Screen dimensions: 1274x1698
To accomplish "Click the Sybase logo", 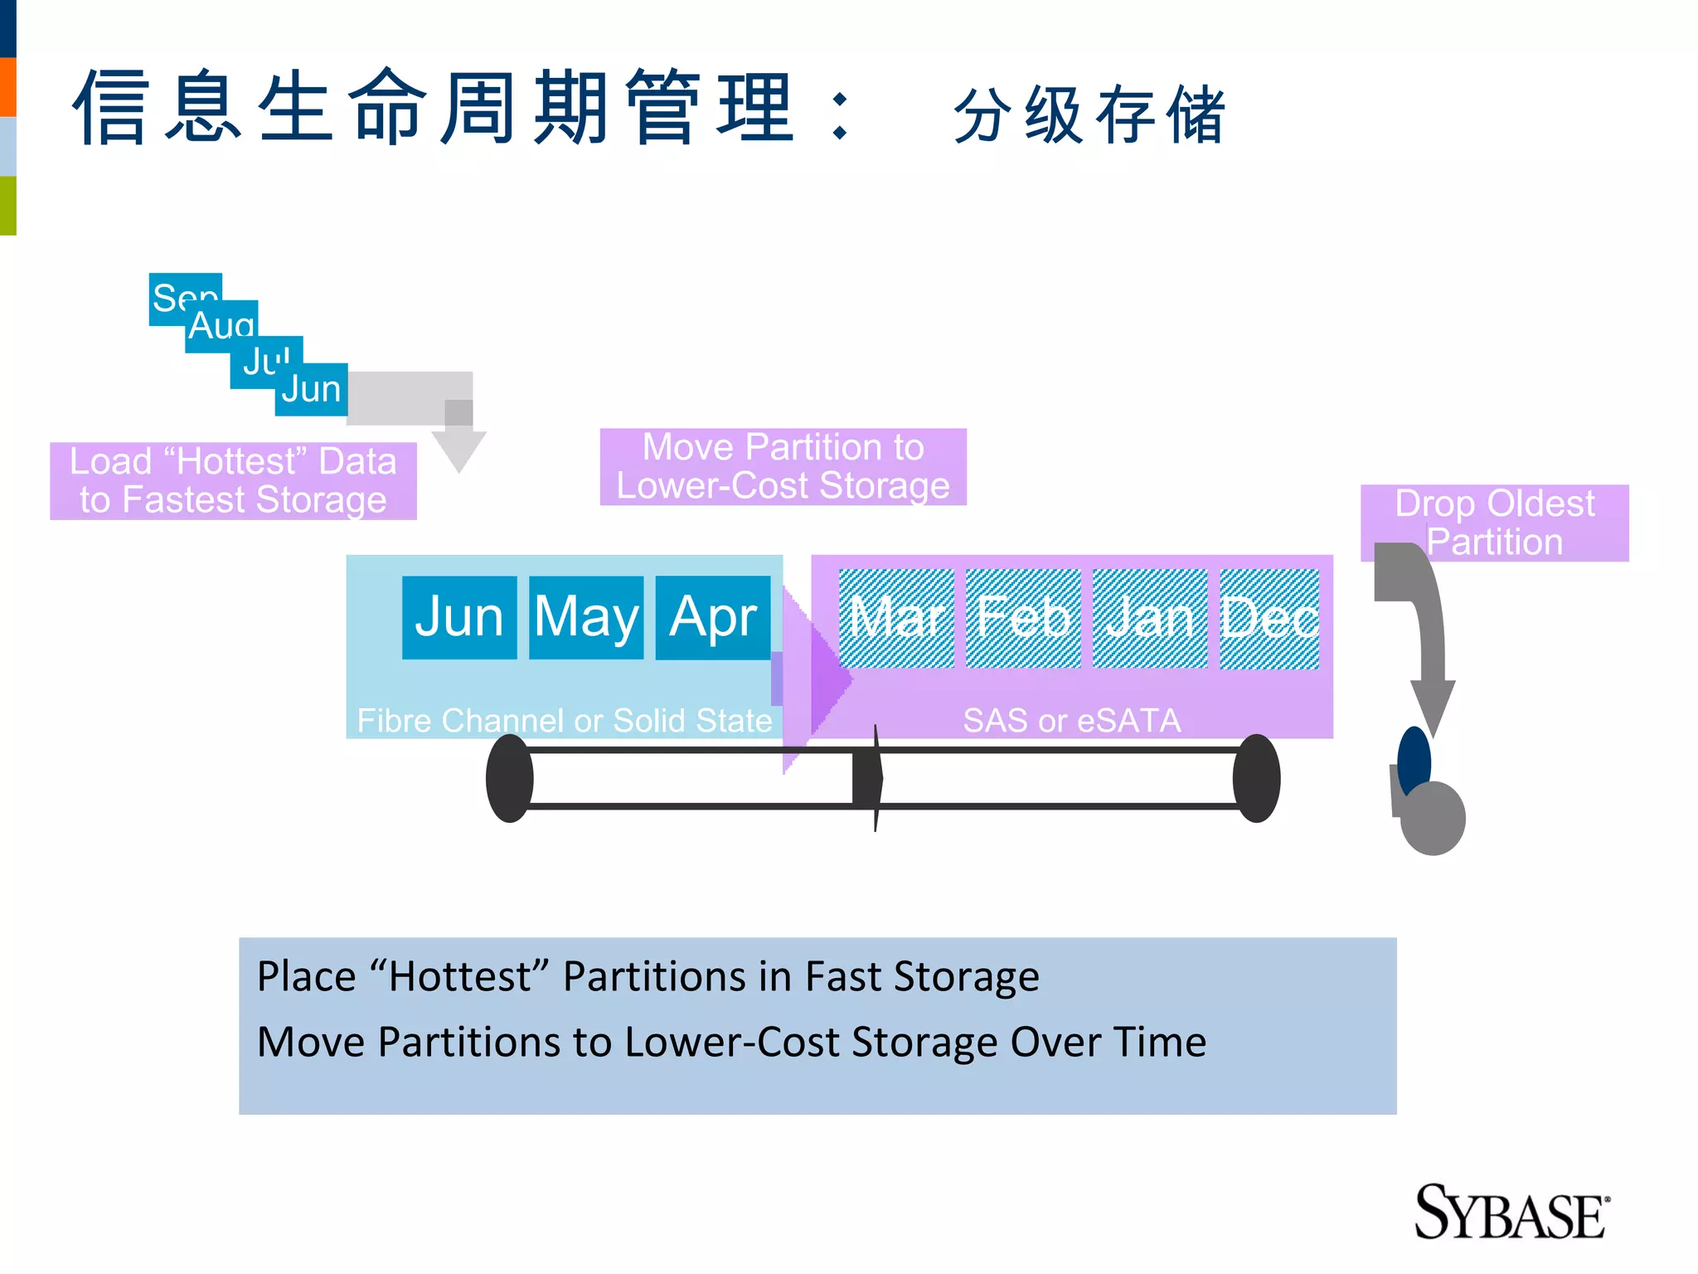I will tap(1511, 1213).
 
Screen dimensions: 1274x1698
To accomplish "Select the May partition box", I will tap(586, 617).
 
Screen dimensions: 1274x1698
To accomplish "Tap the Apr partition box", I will tap(713, 617).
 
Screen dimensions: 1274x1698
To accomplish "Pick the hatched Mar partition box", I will tap(896, 618).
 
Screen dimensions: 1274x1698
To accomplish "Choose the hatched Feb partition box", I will tap(1023, 618).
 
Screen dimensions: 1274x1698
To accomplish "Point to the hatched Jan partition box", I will tap(1150, 618).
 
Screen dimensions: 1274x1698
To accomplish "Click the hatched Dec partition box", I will tap(1269, 618).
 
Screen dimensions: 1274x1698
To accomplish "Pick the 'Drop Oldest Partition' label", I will tap(1494, 522).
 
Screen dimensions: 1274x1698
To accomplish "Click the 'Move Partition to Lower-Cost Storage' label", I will tap(783, 466).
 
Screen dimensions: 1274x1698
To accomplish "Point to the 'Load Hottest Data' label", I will tap(233, 480).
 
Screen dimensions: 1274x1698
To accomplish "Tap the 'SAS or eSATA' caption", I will tap(1071, 720).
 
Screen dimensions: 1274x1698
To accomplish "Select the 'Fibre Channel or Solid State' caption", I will tap(564, 720).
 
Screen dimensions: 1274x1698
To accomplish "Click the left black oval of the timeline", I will tap(509, 778).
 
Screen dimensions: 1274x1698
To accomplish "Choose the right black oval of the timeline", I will tap(1256, 778).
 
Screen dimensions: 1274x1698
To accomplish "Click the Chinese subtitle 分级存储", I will tap(1089, 114).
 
